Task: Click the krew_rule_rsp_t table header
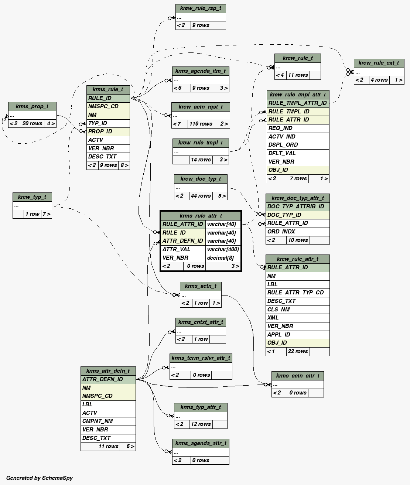click(x=201, y=8)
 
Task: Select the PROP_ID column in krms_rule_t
click(x=100, y=132)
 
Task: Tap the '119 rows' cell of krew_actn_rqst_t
click(x=201, y=124)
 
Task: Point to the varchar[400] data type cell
click(x=223, y=249)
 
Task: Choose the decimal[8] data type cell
click(x=220, y=258)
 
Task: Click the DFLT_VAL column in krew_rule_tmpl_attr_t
click(x=282, y=153)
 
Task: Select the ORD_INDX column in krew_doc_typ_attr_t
click(x=281, y=232)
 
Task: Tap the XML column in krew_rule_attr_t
click(x=273, y=318)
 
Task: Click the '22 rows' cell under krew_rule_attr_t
click(x=298, y=351)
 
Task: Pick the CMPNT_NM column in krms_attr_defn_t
click(x=98, y=421)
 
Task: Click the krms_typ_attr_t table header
click(x=201, y=407)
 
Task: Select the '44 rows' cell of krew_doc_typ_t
click(x=201, y=196)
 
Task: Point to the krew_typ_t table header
click(x=32, y=197)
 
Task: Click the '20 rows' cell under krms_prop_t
click(x=32, y=123)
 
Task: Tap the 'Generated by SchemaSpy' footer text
click(x=40, y=478)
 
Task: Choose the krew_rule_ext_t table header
click(x=379, y=63)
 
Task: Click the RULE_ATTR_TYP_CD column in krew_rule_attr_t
click(x=295, y=293)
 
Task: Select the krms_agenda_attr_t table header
click(x=201, y=443)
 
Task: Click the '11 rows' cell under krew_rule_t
click(x=298, y=75)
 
